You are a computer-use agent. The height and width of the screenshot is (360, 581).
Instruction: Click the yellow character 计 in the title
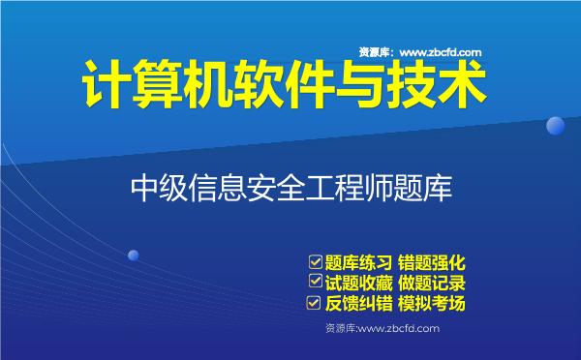tap(104, 88)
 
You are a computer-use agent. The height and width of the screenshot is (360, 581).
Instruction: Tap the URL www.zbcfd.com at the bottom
tap(399, 329)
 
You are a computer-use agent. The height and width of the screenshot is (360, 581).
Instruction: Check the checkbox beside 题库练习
tap(314, 261)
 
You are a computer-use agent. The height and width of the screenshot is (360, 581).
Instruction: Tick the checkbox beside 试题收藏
tap(314, 282)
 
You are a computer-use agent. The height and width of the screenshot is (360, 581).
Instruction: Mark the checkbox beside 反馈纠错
tap(314, 303)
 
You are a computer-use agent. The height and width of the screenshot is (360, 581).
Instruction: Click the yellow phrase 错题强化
tap(434, 262)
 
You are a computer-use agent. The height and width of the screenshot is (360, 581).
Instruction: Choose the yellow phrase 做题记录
tap(434, 283)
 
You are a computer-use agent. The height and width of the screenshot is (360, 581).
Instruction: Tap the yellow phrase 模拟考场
tap(434, 304)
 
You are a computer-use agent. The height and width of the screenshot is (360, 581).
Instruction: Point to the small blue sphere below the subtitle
tap(134, 255)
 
